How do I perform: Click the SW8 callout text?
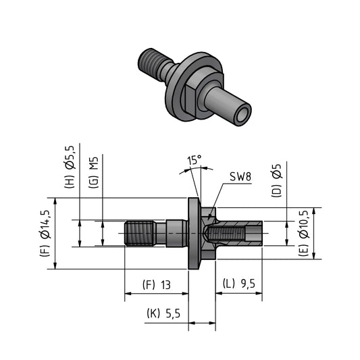tap(240, 177)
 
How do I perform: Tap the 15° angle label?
tap(195, 160)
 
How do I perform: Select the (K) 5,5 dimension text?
tap(163, 313)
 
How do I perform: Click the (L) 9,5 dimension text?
tap(239, 284)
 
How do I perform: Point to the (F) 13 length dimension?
tap(156, 285)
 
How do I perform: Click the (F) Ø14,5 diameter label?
tap(46, 233)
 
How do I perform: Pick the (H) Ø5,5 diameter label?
tap(70, 167)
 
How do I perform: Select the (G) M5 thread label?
tap(94, 172)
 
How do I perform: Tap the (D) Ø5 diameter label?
tap(276, 181)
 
